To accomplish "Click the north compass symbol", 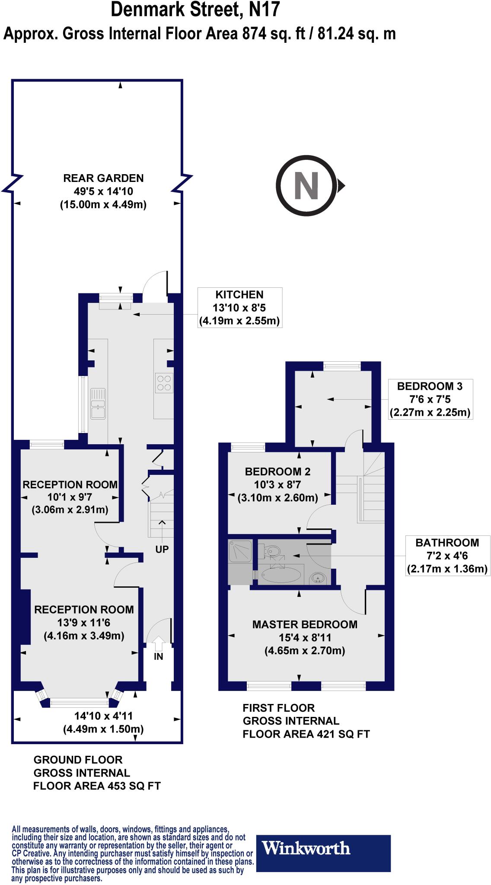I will [306, 185].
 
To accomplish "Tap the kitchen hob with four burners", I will [164, 382].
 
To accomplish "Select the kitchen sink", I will [98, 404].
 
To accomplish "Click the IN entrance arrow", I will [158, 643].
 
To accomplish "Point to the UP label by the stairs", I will [162, 549].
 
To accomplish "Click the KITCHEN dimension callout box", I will [239, 308].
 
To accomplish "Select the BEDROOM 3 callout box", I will [430, 399].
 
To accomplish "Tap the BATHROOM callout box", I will [447, 556].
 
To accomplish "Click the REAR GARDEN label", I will [103, 178].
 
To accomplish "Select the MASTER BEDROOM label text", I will [305, 624].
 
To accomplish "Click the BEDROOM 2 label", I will [277, 471].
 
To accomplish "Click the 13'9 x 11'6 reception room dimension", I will [84, 623].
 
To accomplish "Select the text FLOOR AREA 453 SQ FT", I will [97, 786].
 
